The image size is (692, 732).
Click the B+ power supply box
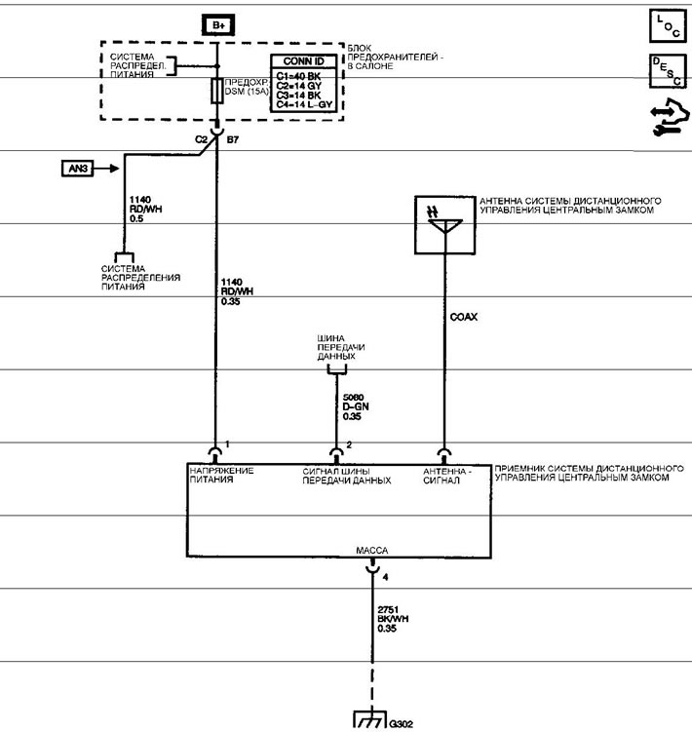pyautogui.click(x=218, y=25)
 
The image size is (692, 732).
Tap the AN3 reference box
pyautogui.click(x=78, y=168)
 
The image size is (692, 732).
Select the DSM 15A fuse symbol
pyautogui.click(x=216, y=91)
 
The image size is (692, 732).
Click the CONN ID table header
pyautogui.click(x=303, y=61)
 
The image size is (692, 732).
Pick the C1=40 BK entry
pyautogui.click(x=298, y=76)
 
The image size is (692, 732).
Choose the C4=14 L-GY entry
pyautogui.click(x=304, y=104)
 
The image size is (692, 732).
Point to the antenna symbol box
pyautogui.click(x=445, y=225)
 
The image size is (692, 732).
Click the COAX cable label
pyautogui.click(x=464, y=317)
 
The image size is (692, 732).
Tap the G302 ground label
pyautogui.click(x=402, y=724)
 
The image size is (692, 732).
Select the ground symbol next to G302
pyautogui.click(x=369, y=720)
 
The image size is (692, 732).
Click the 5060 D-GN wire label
pyautogui.click(x=356, y=406)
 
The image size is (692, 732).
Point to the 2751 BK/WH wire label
pyautogui.click(x=393, y=619)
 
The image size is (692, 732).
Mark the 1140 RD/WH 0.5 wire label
pyautogui.click(x=145, y=210)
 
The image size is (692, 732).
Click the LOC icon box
pyautogui.click(x=668, y=25)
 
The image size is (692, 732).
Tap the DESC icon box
pyautogui.click(x=668, y=71)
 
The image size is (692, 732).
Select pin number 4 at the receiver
pyautogui.click(x=385, y=577)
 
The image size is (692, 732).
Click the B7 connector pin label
pyautogui.click(x=233, y=139)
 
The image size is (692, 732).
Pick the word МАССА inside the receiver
pyautogui.click(x=371, y=551)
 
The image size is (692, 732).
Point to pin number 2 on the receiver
pyautogui.click(x=349, y=445)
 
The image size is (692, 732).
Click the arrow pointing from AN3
pyautogui.click(x=106, y=168)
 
